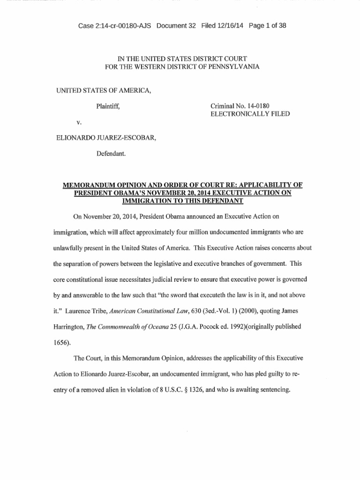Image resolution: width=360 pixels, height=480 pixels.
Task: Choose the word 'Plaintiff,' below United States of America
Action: (108, 106)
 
